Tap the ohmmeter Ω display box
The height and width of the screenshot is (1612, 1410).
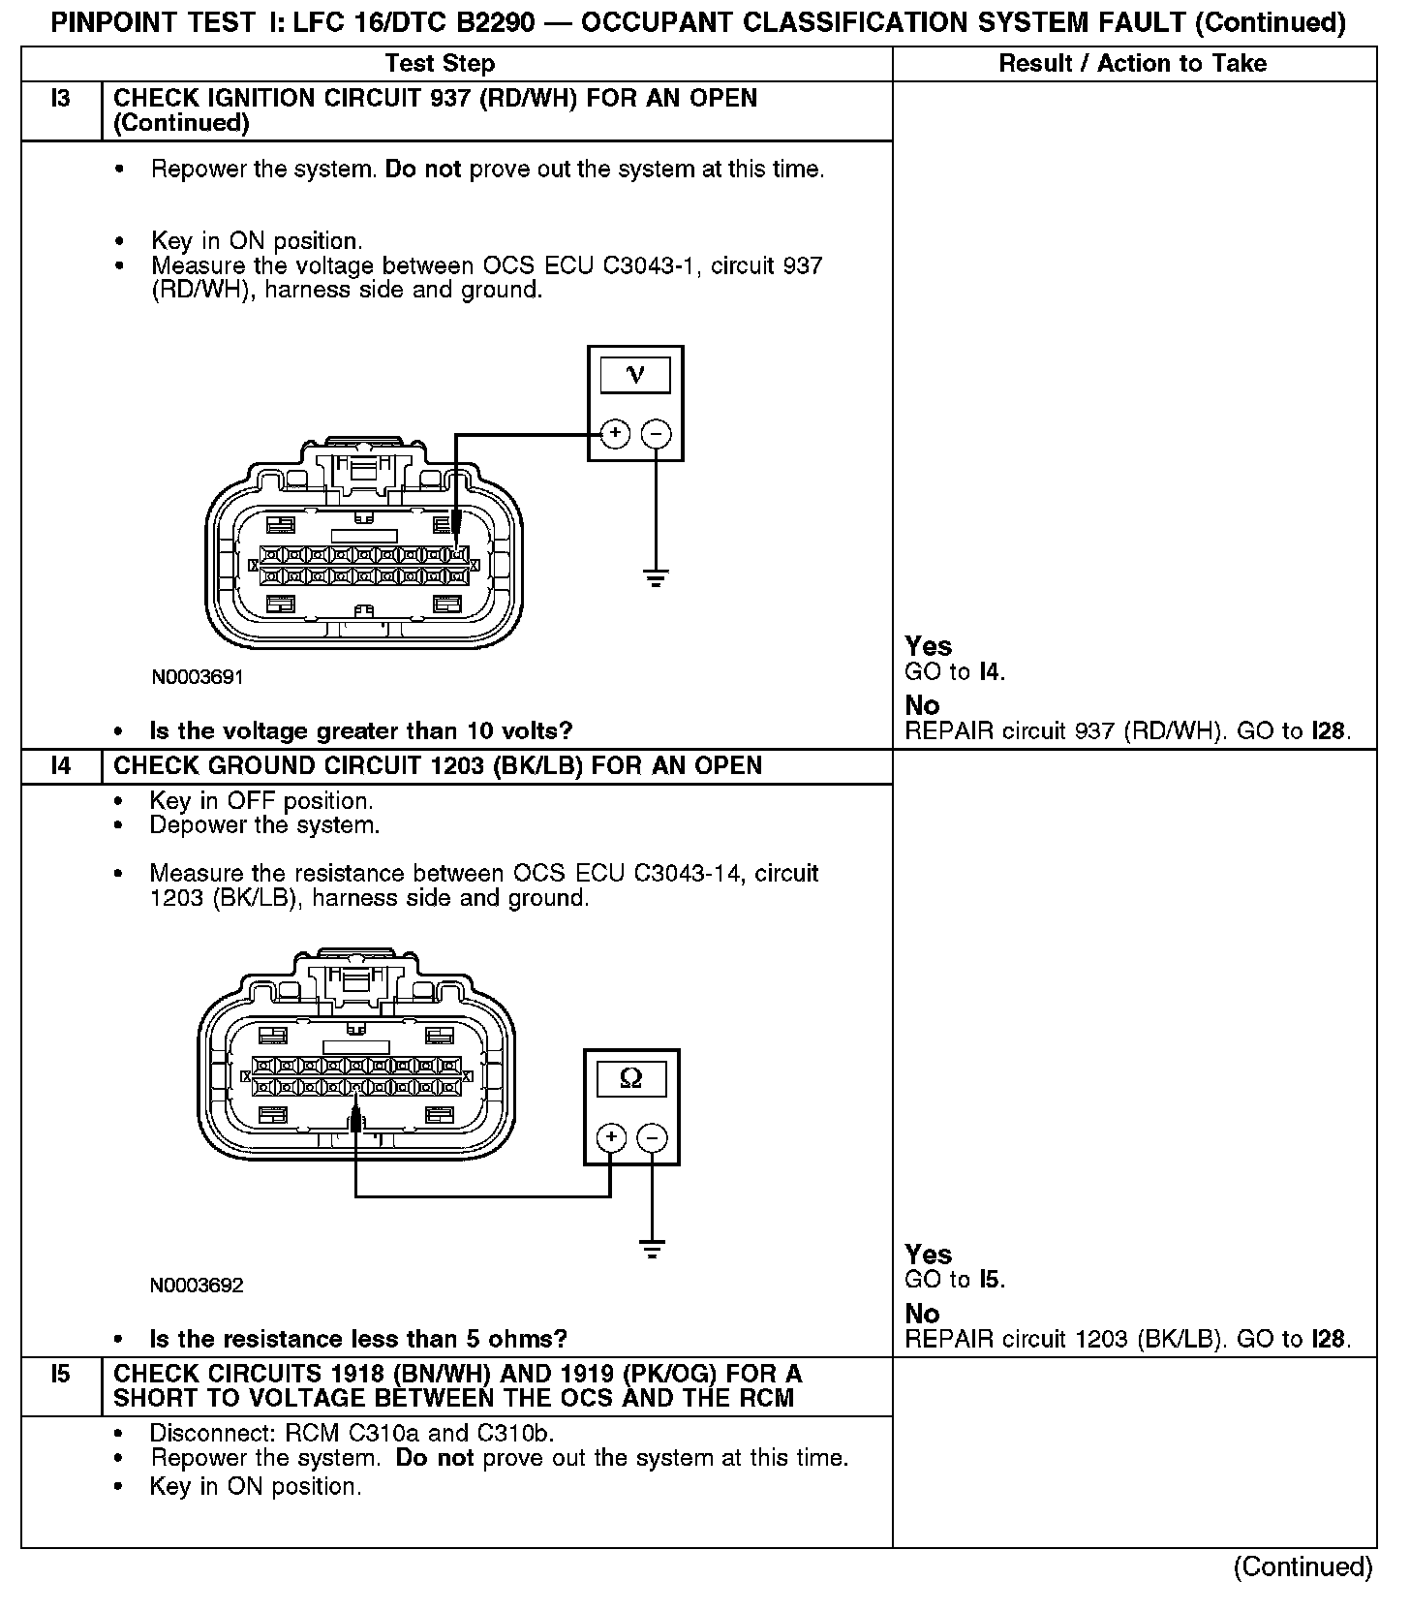630,1078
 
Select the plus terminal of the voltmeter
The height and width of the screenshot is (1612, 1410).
615,433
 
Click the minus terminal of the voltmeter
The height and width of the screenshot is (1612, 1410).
657,433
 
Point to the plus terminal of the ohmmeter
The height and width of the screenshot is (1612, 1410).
611,1137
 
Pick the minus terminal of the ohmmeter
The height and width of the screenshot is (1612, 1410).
653,1137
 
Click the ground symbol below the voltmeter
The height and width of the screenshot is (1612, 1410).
657,579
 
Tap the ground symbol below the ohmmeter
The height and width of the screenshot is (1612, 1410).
653,1250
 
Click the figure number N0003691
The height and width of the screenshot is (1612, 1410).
198,677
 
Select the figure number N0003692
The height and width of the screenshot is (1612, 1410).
197,1286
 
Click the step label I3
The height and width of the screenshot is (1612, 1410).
61,99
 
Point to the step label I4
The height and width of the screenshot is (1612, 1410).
61,766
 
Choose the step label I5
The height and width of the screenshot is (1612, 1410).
61,1375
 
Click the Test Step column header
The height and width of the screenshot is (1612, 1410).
440,64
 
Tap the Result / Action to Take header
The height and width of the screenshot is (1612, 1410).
1132,64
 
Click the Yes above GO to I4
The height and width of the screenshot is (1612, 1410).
928,646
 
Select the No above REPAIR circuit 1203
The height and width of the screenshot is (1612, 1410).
922,1314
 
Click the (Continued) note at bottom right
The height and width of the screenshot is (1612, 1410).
1303,1567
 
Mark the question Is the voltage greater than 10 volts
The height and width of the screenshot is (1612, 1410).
360,730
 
